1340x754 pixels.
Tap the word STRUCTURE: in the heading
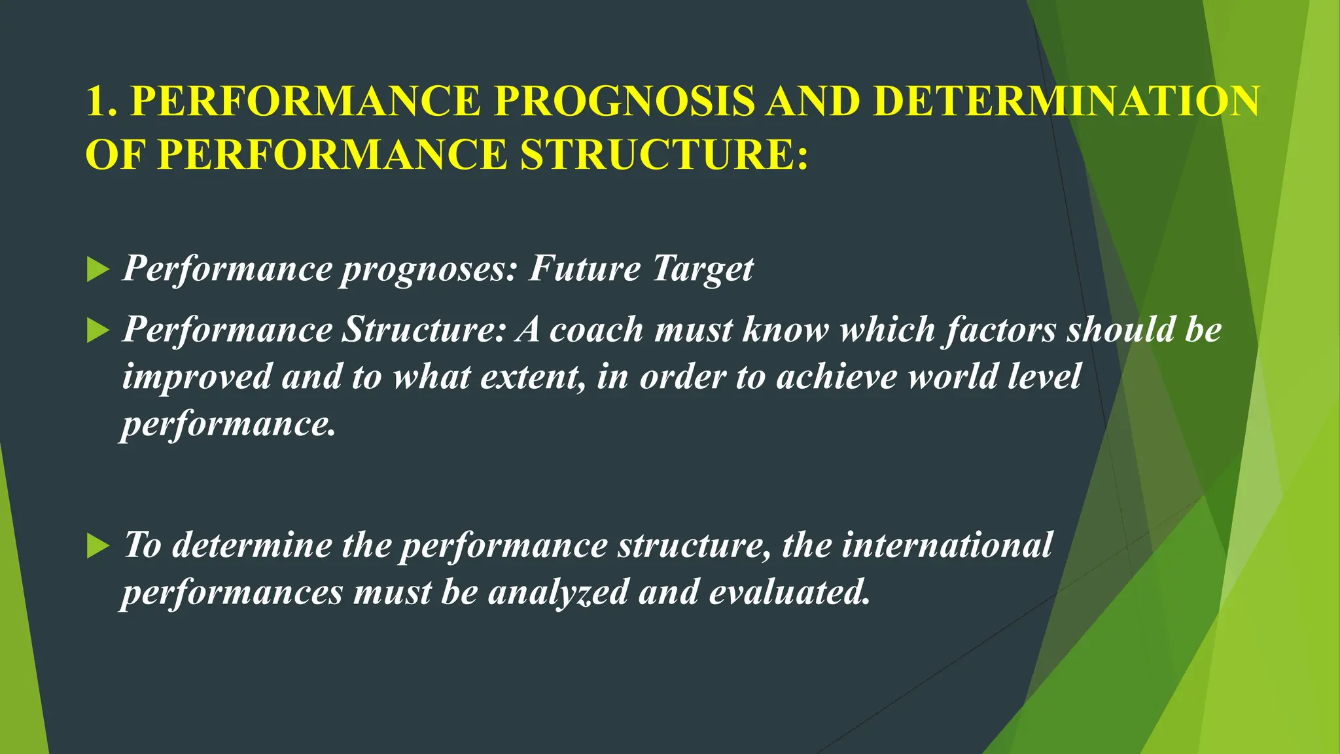click(664, 155)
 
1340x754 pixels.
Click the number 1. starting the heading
click(102, 101)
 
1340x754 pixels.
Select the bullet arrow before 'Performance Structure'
click(97, 331)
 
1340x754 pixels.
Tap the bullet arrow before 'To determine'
click(97, 546)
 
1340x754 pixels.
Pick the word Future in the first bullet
click(584, 269)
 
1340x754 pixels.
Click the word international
click(947, 545)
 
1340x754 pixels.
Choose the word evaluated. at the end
click(790, 592)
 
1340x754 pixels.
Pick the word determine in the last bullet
click(252, 545)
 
